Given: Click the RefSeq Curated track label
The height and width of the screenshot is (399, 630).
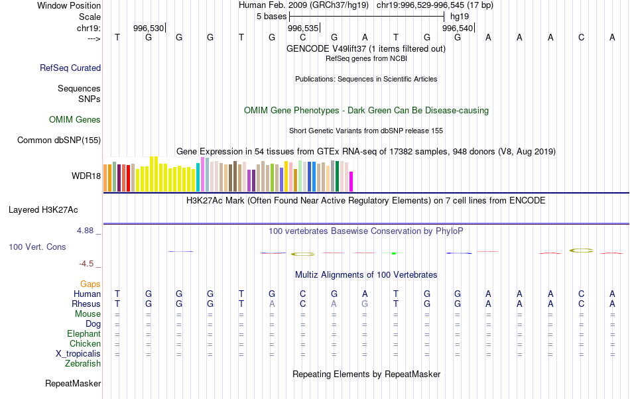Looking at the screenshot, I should [x=70, y=68].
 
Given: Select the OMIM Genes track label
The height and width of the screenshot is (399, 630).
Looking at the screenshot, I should [x=74, y=120].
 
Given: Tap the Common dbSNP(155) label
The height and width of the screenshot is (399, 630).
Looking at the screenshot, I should [x=59, y=140].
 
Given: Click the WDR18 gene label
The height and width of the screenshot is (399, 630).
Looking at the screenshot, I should [x=86, y=176].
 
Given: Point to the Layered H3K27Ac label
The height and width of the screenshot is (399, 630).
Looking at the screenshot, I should [x=43, y=210].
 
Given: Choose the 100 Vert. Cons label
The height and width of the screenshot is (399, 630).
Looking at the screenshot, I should [x=37, y=247].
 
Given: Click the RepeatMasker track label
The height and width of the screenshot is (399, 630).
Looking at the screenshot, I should [x=73, y=383].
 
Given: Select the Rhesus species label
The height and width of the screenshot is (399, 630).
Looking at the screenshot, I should [x=86, y=304].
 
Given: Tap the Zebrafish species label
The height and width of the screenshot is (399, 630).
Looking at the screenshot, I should [x=83, y=363].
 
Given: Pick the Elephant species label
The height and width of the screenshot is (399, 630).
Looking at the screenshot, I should [x=84, y=333].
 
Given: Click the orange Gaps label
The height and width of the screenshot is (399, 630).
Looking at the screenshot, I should [x=90, y=284].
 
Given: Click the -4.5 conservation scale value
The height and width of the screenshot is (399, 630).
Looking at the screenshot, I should [x=88, y=263].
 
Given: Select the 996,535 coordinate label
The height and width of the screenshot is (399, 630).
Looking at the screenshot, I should [x=303, y=28].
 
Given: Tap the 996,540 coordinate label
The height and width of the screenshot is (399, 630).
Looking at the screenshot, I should [x=458, y=28].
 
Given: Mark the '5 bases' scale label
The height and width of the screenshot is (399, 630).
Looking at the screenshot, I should [x=271, y=15].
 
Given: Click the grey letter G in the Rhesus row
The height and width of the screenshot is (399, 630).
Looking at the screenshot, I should [x=365, y=304].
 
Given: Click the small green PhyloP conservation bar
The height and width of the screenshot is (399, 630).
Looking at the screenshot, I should [x=393, y=253].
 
